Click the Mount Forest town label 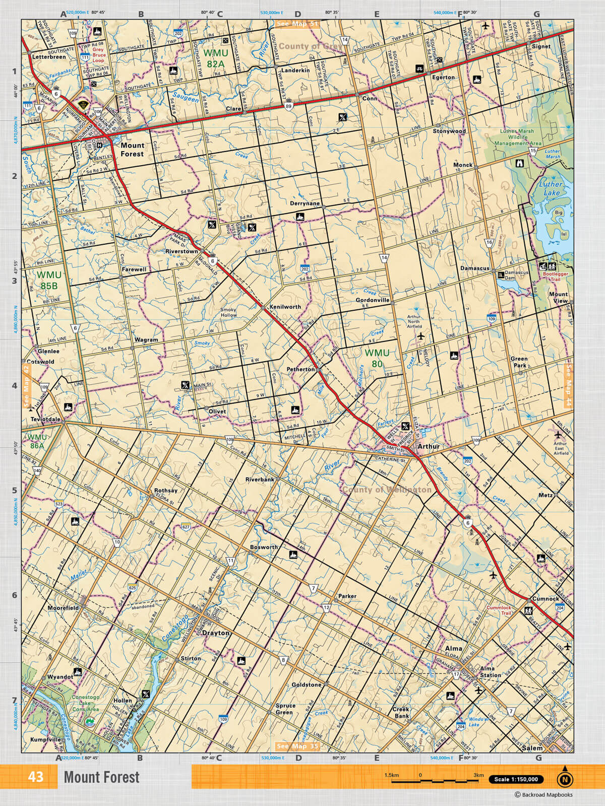tap(132, 149)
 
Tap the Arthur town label tap(429, 446)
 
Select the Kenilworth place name tap(285, 306)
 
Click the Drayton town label tap(215, 633)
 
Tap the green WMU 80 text tap(377, 358)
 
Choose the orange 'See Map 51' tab tap(297, 24)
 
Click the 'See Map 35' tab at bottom tap(297, 746)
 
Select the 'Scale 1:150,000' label tap(515, 779)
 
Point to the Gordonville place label tap(373, 300)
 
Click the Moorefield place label tap(63, 608)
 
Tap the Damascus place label tap(474, 268)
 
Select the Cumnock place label tap(546, 598)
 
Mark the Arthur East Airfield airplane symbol tap(558, 435)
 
